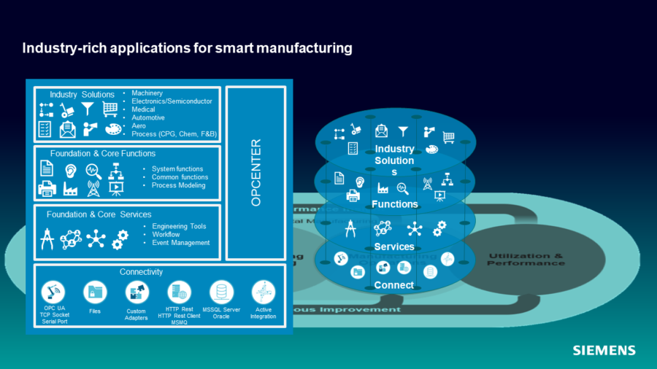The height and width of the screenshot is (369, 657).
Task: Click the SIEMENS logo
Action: [604, 351]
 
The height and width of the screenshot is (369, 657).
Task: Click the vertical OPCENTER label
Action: [255, 173]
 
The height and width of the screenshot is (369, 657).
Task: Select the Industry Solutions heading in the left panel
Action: [82, 95]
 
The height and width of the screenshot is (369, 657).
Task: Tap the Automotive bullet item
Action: [148, 117]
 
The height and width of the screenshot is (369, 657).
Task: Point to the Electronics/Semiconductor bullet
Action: [172, 101]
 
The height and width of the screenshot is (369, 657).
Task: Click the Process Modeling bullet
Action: [178, 185]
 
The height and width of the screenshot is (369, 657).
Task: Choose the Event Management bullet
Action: [180, 243]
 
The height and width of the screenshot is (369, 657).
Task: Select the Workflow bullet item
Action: [166, 235]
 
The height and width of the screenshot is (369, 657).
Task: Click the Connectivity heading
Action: [141, 272]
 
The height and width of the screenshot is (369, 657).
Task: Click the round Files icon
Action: [95, 292]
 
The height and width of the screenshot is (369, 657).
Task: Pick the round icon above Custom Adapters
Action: [137, 292]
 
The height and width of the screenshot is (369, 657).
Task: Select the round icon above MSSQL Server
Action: [221, 292]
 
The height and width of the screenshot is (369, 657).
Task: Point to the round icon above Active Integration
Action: [263, 292]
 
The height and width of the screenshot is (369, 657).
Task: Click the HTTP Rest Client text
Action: [179, 315]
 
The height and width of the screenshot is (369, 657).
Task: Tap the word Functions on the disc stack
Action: [394, 204]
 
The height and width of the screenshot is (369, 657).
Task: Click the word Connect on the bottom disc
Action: [394, 285]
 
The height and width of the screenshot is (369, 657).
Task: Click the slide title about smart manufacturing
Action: [188, 49]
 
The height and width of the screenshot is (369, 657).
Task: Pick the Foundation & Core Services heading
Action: [99, 214]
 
